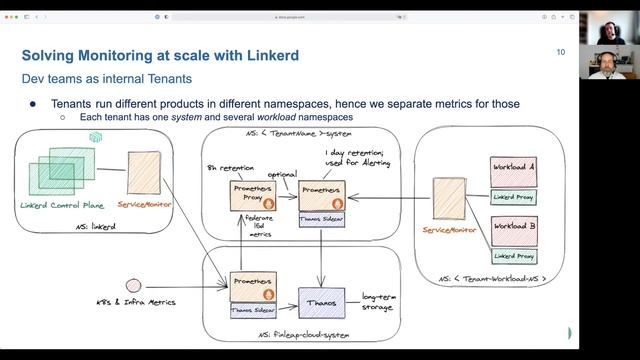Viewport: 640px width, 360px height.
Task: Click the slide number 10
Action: [561, 53]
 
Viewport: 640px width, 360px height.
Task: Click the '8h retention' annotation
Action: [225, 165]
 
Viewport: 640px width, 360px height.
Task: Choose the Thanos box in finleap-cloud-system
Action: [321, 302]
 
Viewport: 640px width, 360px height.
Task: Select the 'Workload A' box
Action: [514, 169]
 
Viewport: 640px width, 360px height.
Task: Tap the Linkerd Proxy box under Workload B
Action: [513, 256]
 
